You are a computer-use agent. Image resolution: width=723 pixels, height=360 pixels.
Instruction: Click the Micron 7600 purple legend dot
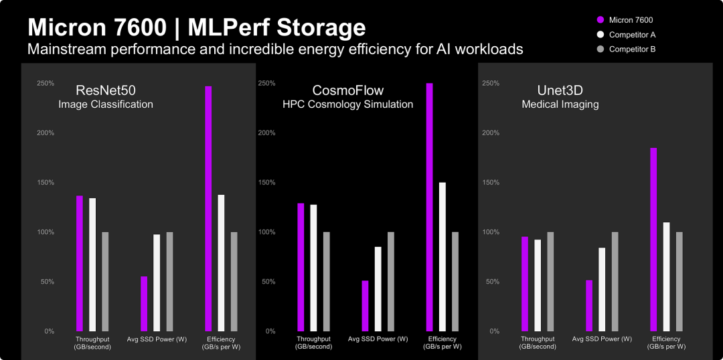(x=600, y=20)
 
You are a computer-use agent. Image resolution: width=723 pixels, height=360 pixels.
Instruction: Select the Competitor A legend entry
(x=632, y=35)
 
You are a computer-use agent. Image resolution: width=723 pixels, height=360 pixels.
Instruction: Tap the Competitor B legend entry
(x=632, y=50)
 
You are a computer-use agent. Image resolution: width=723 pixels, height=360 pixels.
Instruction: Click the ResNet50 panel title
(x=106, y=90)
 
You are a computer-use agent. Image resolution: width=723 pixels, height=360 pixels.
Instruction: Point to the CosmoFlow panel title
(x=348, y=90)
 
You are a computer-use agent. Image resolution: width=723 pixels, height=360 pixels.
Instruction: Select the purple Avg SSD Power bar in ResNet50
(x=144, y=304)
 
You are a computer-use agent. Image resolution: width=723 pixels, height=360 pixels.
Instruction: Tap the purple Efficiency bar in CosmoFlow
(x=429, y=207)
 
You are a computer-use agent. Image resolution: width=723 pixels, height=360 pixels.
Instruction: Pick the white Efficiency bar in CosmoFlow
(x=442, y=257)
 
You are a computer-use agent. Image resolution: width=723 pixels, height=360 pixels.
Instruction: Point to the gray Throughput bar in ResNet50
(x=105, y=282)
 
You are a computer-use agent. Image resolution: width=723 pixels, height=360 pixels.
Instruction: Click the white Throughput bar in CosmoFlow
(x=313, y=268)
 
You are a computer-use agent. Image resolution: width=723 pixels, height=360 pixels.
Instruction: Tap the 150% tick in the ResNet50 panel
(x=46, y=183)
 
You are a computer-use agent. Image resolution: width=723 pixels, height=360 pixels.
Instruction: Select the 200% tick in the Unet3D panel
(x=491, y=133)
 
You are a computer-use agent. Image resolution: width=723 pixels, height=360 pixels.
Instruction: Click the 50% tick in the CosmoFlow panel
(x=266, y=282)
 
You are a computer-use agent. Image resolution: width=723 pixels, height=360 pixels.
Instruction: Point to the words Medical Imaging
(x=560, y=105)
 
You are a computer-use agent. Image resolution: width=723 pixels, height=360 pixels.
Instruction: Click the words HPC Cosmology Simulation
(x=347, y=105)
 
